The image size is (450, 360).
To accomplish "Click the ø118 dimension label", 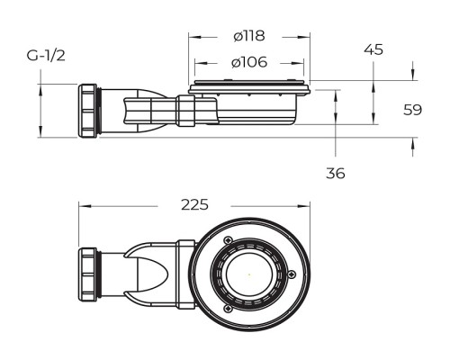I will pos(248,36).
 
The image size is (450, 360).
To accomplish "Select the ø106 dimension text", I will pos(248,63).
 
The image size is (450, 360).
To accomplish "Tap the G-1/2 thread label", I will pos(46,56).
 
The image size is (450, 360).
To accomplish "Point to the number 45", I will pos(373,49).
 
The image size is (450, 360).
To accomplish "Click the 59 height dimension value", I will pos(412,110).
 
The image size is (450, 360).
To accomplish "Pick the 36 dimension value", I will pos(336,173).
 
